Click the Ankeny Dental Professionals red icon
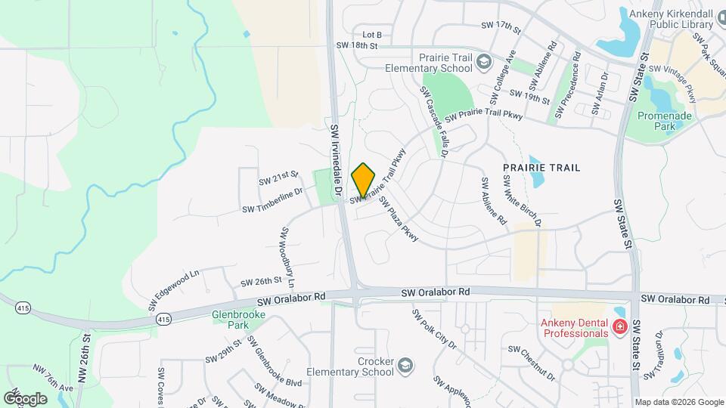[x=620, y=326]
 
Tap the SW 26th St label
[x=261, y=282]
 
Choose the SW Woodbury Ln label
[x=288, y=258]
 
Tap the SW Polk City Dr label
[x=434, y=328]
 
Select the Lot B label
[x=372, y=35]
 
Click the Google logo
[x=25, y=398]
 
